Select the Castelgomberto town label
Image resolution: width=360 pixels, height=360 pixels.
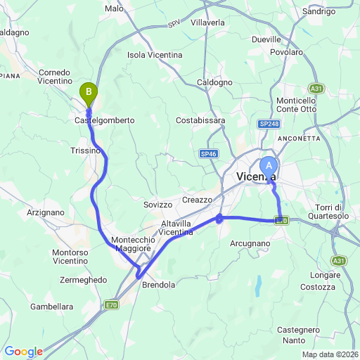point(104,120)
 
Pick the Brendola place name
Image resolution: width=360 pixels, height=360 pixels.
point(158,285)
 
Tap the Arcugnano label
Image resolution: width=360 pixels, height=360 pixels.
point(250,243)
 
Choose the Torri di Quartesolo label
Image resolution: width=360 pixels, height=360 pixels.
point(338,211)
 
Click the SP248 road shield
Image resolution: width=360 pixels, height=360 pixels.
point(268,124)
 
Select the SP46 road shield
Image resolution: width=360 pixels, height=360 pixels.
point(207,153)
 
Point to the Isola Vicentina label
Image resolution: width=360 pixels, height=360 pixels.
point(155,55)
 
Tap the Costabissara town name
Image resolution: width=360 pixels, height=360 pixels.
point(200,120)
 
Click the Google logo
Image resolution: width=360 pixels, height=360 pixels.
point(23,352)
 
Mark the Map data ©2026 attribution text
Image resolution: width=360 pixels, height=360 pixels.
point(330,354)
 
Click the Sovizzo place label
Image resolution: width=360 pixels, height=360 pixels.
point(157,205)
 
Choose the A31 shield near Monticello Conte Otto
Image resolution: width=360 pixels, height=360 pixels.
point(316,88)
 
